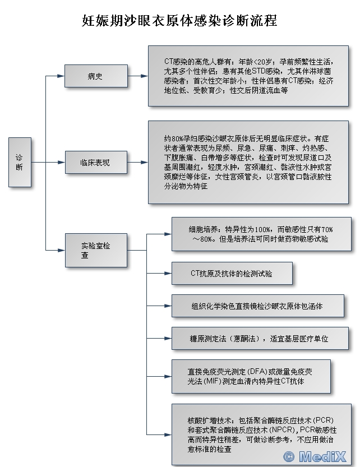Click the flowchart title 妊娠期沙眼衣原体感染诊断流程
(x=179, y=21)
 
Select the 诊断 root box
(x=20, y=162)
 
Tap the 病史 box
(x=96, y=76)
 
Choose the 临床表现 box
(x=96, y=163)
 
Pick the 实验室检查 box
(x=96, y=249)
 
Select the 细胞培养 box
(x=261, y=234)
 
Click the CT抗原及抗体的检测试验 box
(x=232, y=273)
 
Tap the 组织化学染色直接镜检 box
(x=257, y=306)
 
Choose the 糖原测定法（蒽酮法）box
(x=259, y=339)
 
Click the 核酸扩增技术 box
(x=261, y=434)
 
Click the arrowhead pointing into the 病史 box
(x=61, y=76)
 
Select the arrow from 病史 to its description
(x=138, y=76)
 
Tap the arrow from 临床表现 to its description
(x=138, y=163)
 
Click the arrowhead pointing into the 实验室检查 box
(x=61, y=249)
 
